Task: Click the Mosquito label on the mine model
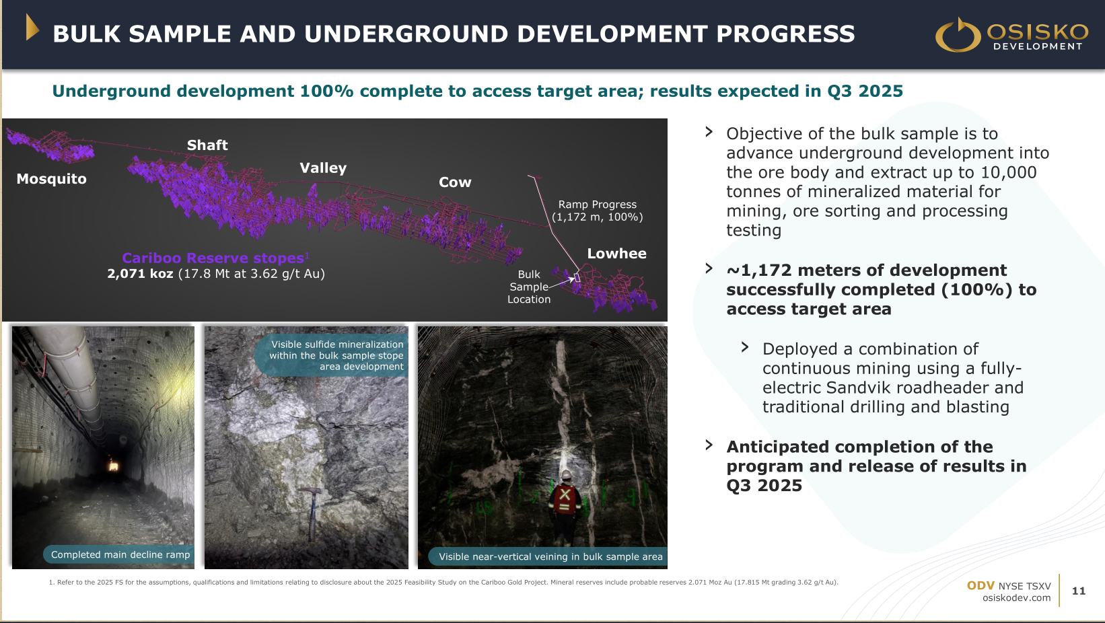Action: (51, 178)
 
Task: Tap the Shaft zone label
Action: (207, 145)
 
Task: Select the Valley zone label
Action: (323, 168)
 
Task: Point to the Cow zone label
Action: (455, 182)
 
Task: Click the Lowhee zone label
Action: (616, 254)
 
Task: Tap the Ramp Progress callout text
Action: (598, 211)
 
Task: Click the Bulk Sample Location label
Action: (529, 287)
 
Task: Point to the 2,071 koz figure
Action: (140, 274)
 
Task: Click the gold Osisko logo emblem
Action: (958, 34)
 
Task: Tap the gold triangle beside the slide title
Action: (32, 27)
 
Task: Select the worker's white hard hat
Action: (567, 474)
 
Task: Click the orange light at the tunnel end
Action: (114, 465)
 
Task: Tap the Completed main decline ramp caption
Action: (120, 554)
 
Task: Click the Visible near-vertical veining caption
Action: (550, 556)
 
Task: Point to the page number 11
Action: (1079, 591)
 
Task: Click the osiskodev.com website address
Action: (1017, 598)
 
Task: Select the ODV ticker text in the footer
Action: (981, 585)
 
